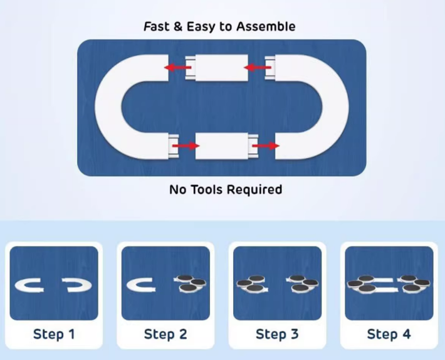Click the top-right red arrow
tap(256, 67)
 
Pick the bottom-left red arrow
tap(186, 146)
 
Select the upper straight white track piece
tap(222, 68)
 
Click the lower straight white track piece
tap(223, 146)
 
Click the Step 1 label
tap(54, 334)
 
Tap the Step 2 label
tap(165, 334)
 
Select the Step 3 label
tap(277, 334)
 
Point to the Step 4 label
tap(389, 334)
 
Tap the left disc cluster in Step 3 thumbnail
tap(252, 283)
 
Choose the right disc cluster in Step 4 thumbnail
tap(414, 283)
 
